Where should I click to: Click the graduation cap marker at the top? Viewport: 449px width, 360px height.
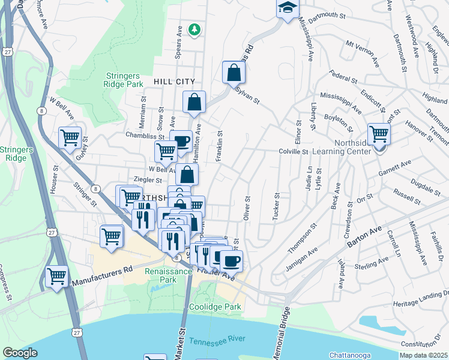point(288,8)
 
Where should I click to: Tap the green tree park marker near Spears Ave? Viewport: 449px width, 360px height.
point(194,29)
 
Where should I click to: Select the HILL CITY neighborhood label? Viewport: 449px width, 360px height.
point(174,81)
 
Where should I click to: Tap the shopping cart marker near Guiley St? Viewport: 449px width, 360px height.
point(70,137)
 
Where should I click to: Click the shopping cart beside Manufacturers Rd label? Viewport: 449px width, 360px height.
point(56,277)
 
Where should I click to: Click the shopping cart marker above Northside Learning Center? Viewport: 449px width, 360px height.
point(379,133)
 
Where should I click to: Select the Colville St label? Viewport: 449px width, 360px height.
point(294,152)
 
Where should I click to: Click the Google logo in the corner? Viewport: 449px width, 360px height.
point(20,353)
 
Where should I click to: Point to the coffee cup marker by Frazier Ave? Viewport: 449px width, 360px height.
point(231,260)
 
